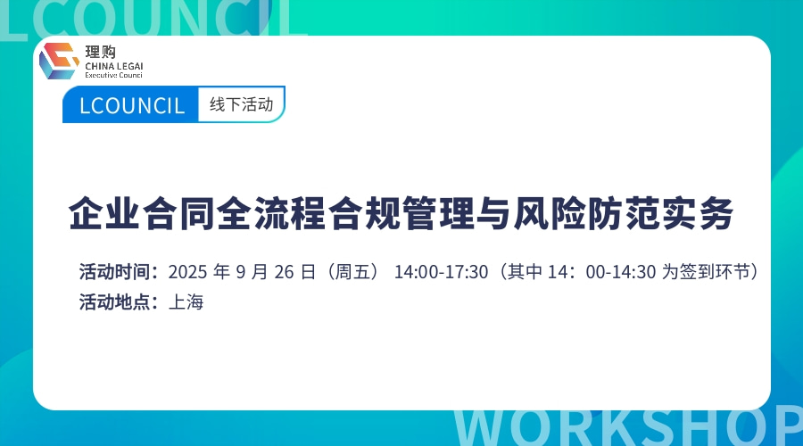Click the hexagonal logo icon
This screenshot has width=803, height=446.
[x=59, y=61]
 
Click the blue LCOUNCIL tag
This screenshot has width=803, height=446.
[x=131, y=106]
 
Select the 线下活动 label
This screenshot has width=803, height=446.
[x=241, y=104]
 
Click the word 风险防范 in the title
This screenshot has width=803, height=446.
[x=586, y=215]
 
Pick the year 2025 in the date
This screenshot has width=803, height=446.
[x=186, y=271]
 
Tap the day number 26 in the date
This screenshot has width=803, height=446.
[x=285, y=271]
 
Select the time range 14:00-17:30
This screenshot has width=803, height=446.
[x=441, y=271]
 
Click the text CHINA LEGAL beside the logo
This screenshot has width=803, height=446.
[x=113, y=66]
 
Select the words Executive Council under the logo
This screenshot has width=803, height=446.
[x=113, y=76]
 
